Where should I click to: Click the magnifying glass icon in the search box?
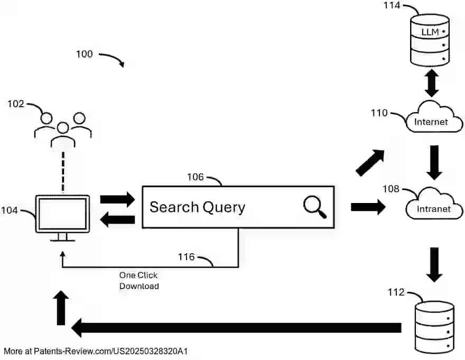point(315,207)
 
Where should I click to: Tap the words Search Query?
point(197,207)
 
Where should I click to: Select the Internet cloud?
point(431,117)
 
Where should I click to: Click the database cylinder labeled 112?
point(434,326)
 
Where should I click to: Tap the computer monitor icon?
point(62,217)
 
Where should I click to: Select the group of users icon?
point(63,129)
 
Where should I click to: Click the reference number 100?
point(85,54)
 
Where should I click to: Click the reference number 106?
point(196,177)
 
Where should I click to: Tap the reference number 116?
point(186,257)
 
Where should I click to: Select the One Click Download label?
point(139,281)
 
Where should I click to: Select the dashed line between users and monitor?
point(63,173)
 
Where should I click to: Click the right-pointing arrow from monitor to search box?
point(117,200)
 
